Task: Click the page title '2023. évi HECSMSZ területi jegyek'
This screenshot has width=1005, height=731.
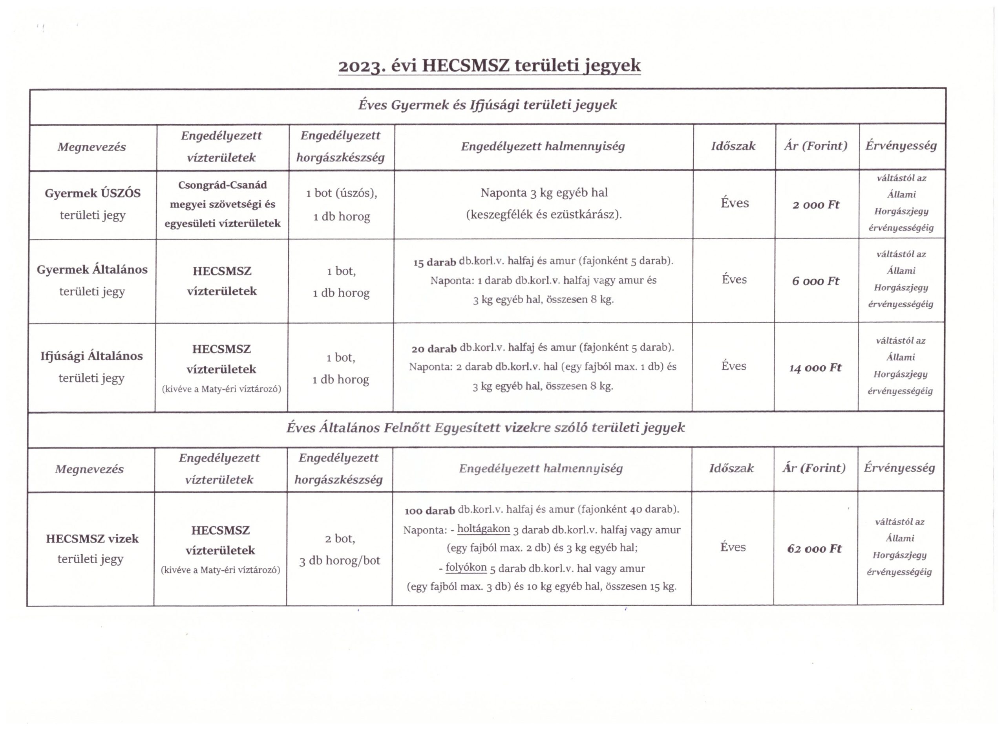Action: click(x=489, y=66)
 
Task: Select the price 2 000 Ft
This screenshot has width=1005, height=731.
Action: click(x=816, y=205)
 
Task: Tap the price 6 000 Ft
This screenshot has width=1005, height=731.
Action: click(x=815, y=281)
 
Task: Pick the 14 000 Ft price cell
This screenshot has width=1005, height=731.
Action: click(x=815, y=368)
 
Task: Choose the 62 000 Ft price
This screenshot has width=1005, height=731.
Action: click(x=814, y=549)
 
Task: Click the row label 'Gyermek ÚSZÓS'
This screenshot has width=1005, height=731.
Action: click(x=93, y=193)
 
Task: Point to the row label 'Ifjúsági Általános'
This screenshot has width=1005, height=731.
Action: click(x=92, y=356)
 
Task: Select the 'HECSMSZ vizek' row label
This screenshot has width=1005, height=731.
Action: click(x=92, y=539)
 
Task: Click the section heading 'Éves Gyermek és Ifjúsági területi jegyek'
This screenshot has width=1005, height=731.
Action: click(x=488, y=105)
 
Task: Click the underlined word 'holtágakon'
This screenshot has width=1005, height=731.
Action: click(x=483, y=529)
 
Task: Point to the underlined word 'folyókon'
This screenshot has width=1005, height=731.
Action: click(x=466, y=568)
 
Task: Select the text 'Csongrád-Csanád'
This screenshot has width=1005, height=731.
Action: click(x=223, y=185)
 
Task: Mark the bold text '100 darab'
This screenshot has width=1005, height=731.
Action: click(x=429, y=511)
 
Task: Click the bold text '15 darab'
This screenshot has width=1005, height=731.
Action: click(x=434, y=262)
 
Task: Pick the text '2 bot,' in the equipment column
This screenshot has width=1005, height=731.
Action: click(x=340, y=539)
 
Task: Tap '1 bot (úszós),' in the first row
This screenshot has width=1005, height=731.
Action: click(x=341, y=193)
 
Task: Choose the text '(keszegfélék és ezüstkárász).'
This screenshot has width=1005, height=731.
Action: click(x=544, y=214)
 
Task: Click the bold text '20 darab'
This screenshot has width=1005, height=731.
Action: click(x=434, y=349)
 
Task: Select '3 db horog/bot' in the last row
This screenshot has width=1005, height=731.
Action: click(x=340, y=561)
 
